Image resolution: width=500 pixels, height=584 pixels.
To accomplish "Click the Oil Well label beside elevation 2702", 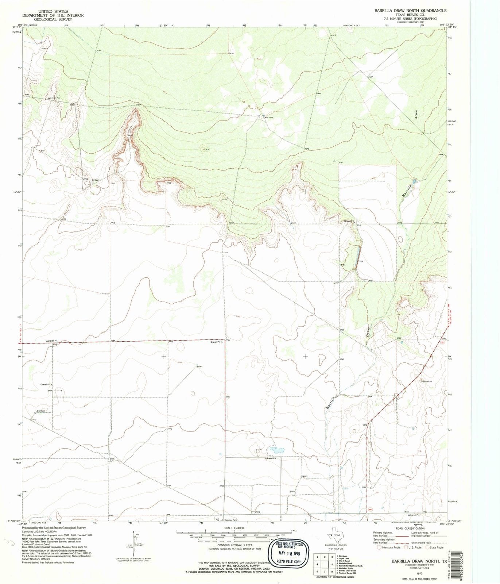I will click(x=95, y=180).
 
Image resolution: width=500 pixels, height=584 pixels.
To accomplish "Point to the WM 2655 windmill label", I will click(x=268, y=118).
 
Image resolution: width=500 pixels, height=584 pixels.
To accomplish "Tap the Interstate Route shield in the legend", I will click(x=379, y=547).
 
